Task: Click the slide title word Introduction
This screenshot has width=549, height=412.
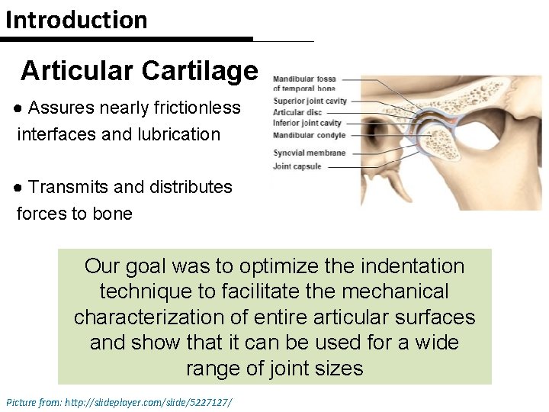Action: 76,20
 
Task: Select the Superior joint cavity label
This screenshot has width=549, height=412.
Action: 310,101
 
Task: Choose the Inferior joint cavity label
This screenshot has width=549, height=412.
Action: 307,123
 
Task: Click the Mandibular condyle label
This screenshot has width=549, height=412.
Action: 309,135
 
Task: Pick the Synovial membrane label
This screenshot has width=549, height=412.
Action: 309,153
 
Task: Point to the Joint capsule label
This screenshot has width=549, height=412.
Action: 297,166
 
